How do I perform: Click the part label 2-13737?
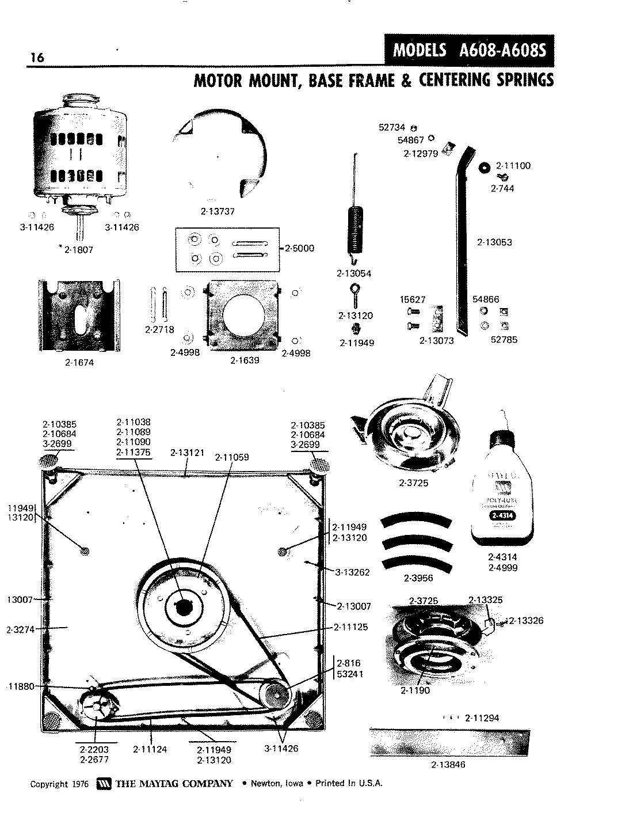click(218, 211)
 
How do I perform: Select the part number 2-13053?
click(494, 242)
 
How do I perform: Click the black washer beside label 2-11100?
click(484, 167)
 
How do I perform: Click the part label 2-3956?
click(419, 578)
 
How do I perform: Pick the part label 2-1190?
click(415, 690)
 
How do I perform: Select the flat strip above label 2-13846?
click(449, 743)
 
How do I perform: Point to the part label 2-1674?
click(79, 363)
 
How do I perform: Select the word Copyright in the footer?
click(49, 784)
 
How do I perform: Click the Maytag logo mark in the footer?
click(104, 784)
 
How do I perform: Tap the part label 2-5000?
click(300, 248)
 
